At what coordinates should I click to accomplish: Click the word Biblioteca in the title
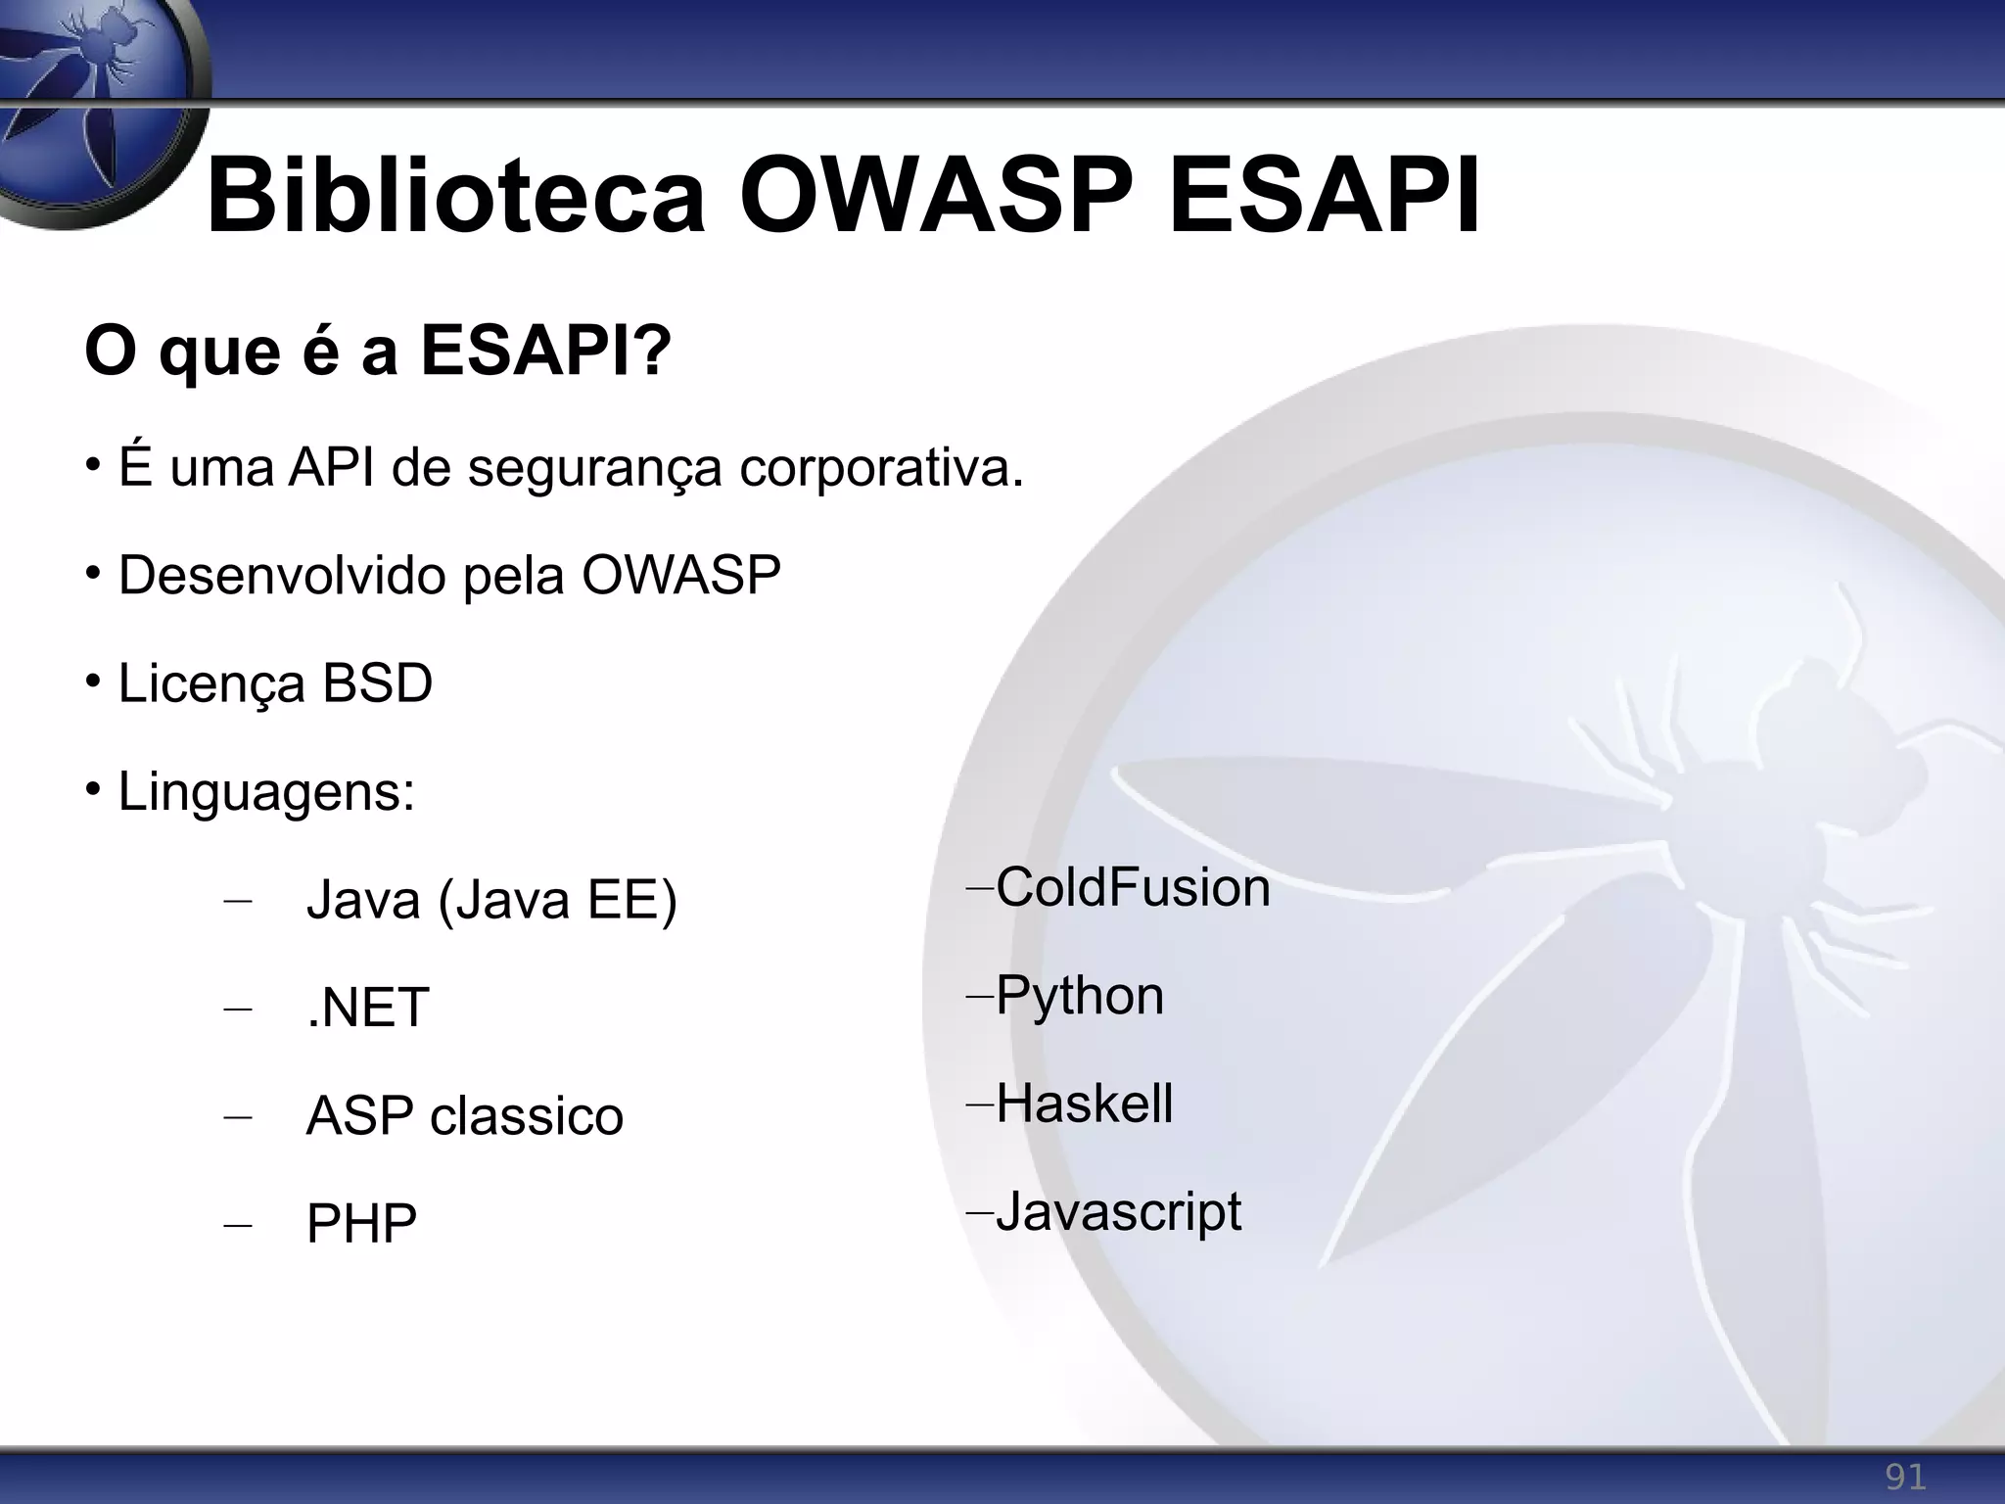455,198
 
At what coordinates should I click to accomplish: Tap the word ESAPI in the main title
1325,198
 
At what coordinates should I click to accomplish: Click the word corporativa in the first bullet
880,467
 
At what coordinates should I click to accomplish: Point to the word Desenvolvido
280,575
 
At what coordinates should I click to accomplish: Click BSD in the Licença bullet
377,682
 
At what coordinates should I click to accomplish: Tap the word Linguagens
266,791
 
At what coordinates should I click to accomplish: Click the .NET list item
367,1007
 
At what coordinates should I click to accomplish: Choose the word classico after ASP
527,1115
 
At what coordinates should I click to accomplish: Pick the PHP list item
361,1223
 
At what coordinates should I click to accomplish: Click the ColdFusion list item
1133,887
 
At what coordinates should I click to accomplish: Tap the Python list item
1080,995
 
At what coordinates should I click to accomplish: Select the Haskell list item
1084,1104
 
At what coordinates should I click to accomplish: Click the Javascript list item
1118,1211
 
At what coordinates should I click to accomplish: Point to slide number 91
1905,1477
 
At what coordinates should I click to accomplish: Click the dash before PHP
237,1225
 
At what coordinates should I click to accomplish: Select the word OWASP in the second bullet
681,575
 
